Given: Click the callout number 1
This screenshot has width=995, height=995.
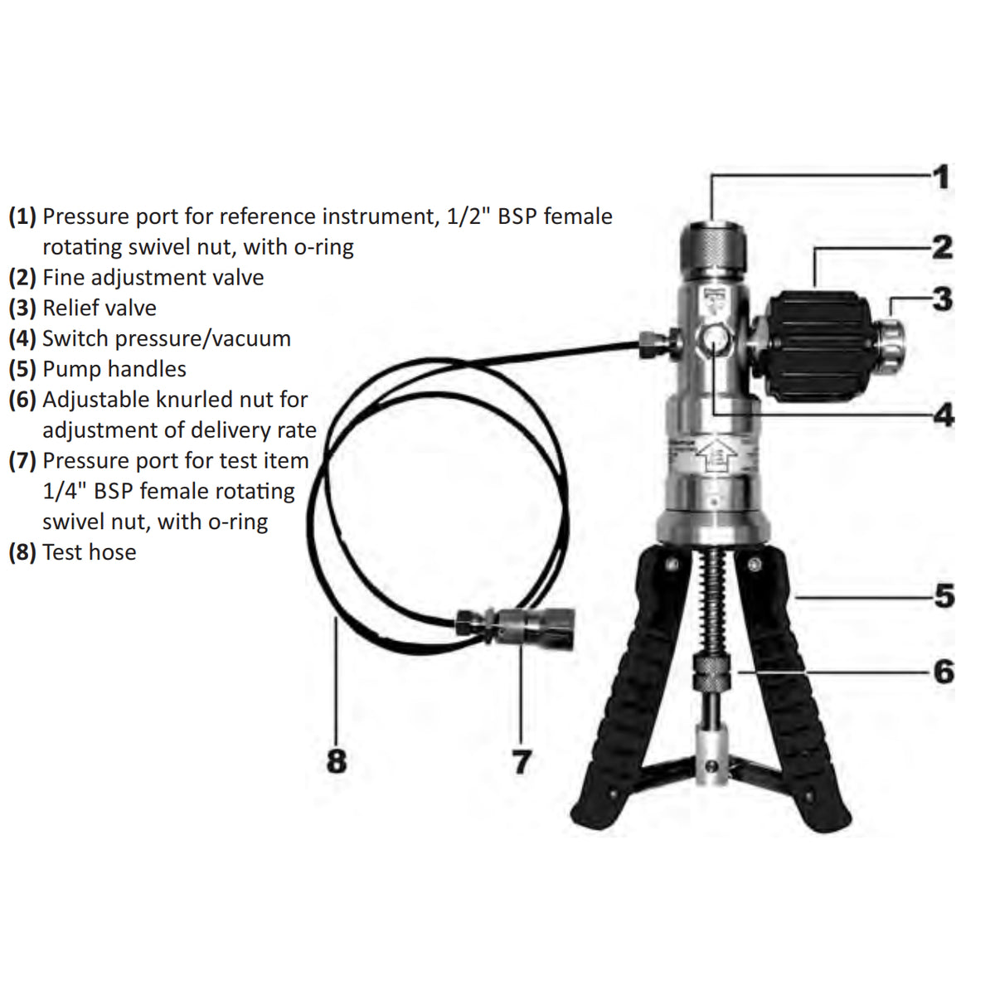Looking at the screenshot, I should pos(941,177).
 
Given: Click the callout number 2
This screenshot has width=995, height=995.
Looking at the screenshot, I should pos(942,246).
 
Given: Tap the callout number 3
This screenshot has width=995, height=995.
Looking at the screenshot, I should pos(942,298).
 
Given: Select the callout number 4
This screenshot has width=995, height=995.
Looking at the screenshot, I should pos(944,415).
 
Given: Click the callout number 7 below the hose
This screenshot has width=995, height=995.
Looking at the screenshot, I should pos(522,761).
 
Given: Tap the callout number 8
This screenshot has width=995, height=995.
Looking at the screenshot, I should pos(336,760).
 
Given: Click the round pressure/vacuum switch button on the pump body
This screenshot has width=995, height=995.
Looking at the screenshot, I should pos(712,338).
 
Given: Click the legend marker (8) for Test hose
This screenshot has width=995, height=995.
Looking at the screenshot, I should pos(22,552).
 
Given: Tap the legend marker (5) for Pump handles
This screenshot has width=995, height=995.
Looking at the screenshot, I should pos(22,369).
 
